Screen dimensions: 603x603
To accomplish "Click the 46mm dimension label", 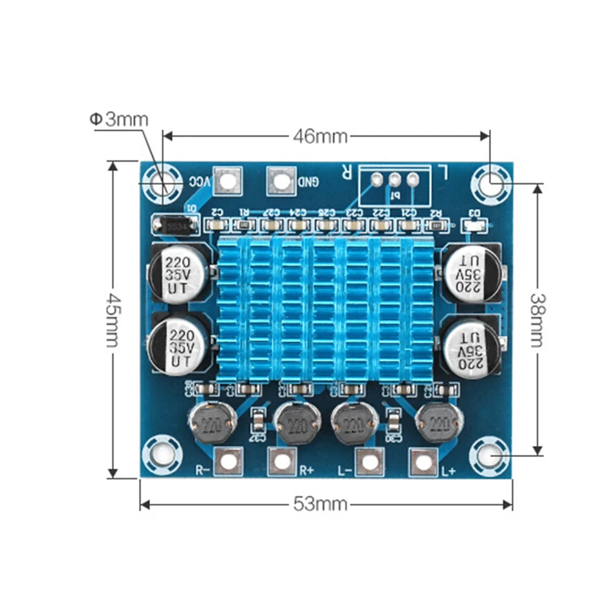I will (x=320, y=136).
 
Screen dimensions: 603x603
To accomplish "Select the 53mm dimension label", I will (x=320, y=503).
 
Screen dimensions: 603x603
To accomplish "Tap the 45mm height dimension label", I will (x=112, y=320).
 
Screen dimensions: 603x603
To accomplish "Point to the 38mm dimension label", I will (x=537, y=320).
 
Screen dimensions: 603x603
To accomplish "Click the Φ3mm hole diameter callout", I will (x=119, y=119).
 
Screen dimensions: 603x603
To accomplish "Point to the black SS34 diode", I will (x=174, y=226).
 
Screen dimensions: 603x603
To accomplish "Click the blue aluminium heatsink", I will (x=325, y=311).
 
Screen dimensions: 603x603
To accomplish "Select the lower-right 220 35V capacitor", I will (x=472, y=347).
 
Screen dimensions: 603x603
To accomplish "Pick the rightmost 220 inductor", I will (x=438, y=423).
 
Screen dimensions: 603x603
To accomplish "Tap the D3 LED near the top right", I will (x=474, y=226).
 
